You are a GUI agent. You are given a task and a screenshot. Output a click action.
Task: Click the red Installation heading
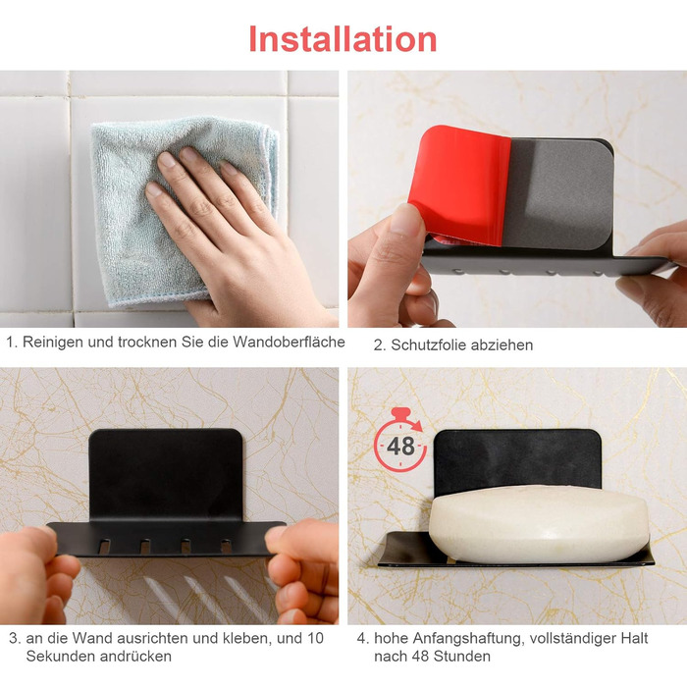coord(343,39)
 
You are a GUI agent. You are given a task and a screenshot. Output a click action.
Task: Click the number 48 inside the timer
coord(400,447)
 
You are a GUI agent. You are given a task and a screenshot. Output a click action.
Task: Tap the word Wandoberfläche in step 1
coord(289,342)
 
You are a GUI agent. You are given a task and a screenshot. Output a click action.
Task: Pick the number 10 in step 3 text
coord(315,638)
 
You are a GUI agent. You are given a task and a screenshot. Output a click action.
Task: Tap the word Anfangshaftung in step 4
coord(467,639)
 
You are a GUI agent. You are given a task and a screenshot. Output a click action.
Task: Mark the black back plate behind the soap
coord(517,458)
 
